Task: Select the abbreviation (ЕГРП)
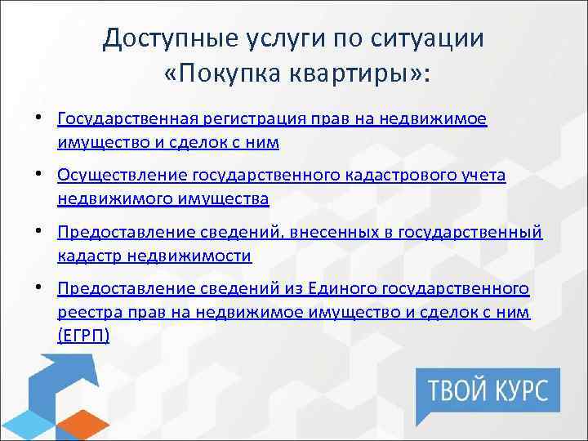tap(84, 335)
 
